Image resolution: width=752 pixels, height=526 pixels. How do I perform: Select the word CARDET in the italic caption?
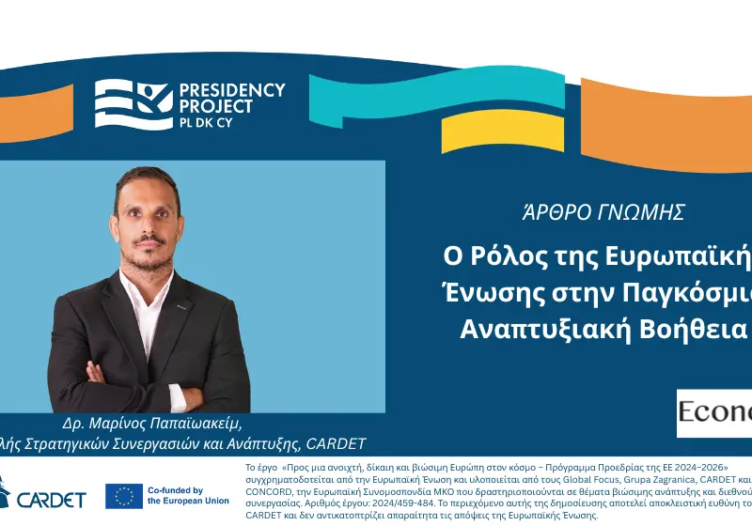334,442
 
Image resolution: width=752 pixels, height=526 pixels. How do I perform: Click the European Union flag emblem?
124,495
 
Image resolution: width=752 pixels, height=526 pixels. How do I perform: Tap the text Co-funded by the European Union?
188,495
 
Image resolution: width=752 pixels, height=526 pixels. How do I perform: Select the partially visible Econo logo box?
714,412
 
